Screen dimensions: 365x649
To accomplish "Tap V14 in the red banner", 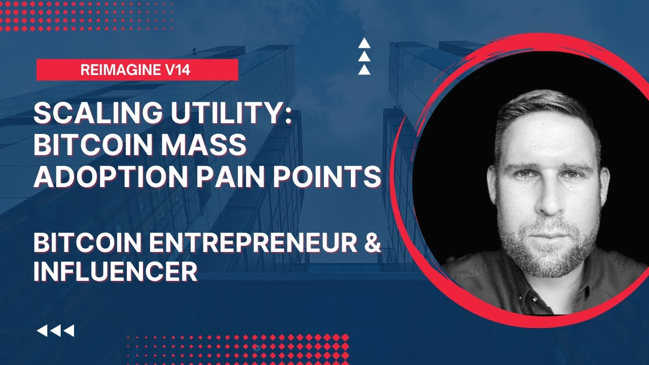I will point(174,70).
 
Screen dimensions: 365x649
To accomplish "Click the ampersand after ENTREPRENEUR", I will point(372,244).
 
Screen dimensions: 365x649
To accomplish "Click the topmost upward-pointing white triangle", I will point(364,44).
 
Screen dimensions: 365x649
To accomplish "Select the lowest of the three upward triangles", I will point(364,70).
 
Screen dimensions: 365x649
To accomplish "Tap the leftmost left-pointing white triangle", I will point(42,331).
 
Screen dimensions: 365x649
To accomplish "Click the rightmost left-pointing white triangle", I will point(69,331).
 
